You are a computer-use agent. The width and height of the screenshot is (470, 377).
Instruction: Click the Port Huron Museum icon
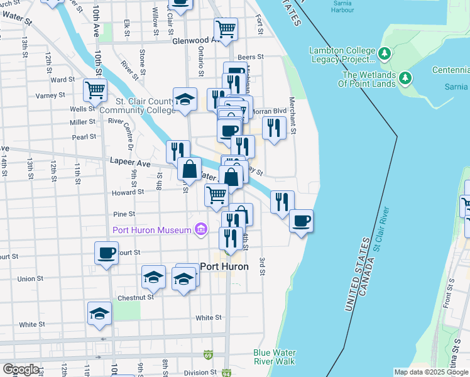point(200,230)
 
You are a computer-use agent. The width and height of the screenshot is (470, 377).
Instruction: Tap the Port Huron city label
point(224,266)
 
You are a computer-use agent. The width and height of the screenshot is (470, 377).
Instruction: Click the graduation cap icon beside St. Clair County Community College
point(185,99)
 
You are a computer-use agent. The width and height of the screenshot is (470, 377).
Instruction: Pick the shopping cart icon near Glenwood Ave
point(225,28)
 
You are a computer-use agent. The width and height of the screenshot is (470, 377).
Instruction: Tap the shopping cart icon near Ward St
point(95,89)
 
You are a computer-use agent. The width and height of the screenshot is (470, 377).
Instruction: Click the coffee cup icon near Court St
point(106,253)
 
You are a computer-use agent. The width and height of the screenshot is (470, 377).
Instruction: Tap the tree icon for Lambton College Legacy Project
point(386,55)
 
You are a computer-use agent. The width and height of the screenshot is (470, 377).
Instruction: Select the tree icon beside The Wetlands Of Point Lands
point(407,77)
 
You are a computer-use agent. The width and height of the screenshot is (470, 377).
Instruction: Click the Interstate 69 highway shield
point(208,355)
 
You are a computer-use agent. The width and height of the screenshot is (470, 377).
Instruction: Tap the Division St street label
point(200,373)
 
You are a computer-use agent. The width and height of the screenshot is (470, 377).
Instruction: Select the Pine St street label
point(124,214)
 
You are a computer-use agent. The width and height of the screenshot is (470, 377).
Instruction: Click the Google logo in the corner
point(21,369)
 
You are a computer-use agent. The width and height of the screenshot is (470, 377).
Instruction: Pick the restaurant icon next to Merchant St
point(275,128)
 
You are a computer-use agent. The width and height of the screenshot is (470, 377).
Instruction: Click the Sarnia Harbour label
point(343,6)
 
